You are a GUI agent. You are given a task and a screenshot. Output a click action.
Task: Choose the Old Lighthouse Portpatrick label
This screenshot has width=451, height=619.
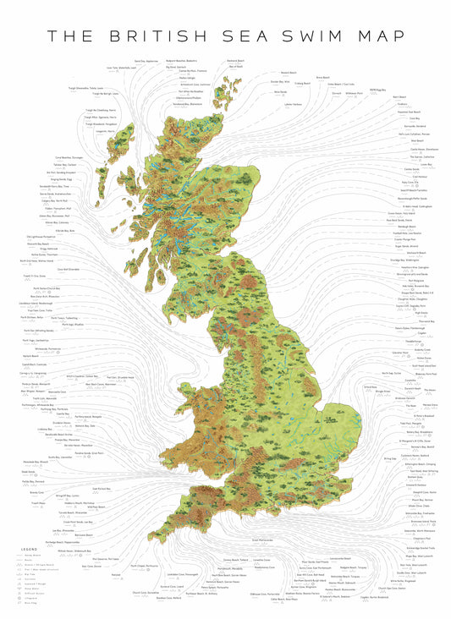[34, 236]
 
